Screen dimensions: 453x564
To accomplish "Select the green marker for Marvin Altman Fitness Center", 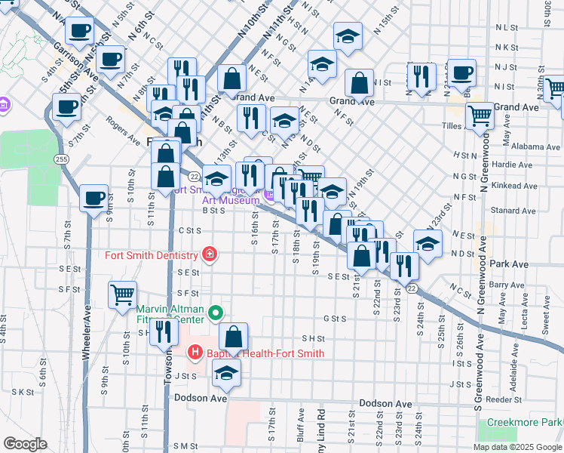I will (x=216, y=312).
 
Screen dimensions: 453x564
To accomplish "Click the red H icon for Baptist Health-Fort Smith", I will (x=195, y=353).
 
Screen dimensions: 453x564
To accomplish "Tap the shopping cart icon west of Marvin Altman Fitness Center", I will (x=122, y=294).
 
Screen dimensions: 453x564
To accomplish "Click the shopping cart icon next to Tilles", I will (x=480, y=116).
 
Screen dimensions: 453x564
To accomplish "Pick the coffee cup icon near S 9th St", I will (x=93, y=199).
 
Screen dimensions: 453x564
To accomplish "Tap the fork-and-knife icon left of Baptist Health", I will (x=162, y=329).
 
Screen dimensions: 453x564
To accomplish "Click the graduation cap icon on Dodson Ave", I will (x=226, y=372).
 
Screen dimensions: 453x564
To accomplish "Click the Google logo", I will (x=25, y=444).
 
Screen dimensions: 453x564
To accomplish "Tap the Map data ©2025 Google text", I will (x=517, y=446).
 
